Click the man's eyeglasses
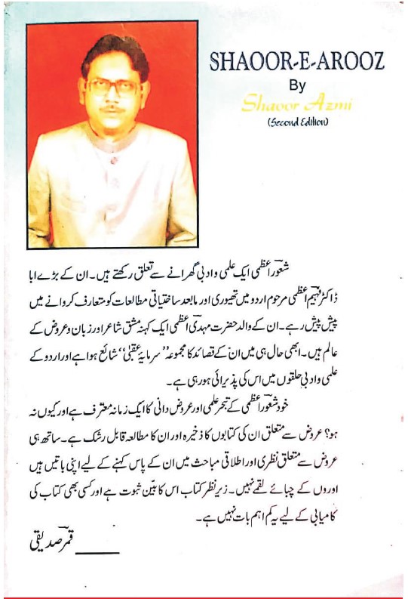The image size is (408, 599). coord(113,85)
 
